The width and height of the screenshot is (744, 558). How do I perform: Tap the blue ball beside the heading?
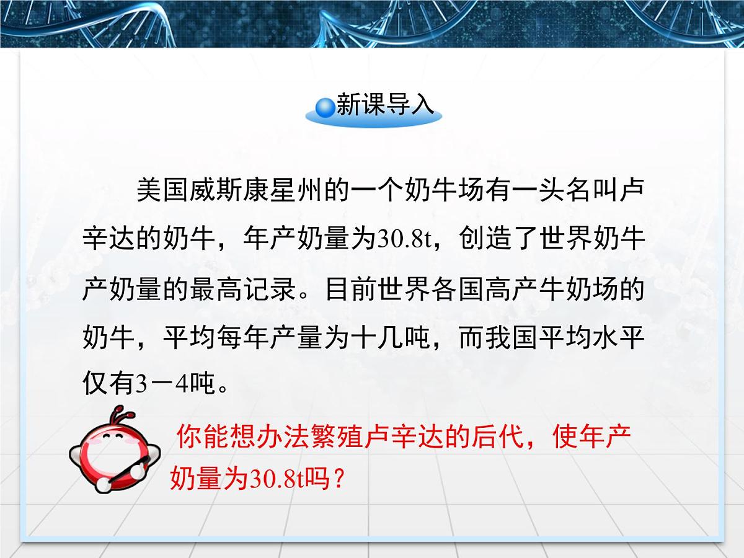click(x=324, y=108)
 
